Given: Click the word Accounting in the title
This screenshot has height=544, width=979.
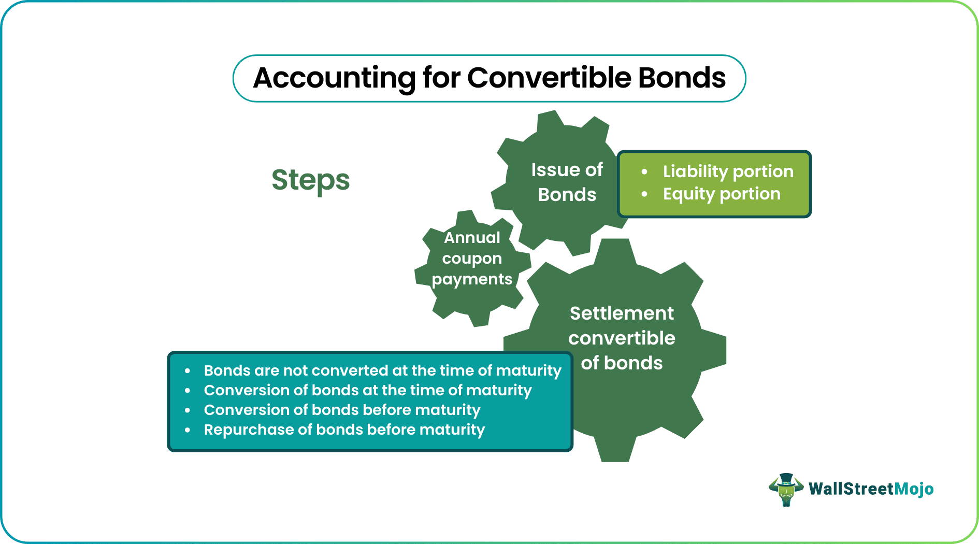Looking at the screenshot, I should pyautogui.click(x=334, y=79).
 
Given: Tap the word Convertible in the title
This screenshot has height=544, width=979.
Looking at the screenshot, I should pyautogui.click(x=549, y=79).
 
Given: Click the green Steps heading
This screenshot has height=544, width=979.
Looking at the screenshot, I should pyautogui.click(x=311, y=180).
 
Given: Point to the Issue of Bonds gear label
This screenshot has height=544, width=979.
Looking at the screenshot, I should pyautogui.click(x=567, y=182).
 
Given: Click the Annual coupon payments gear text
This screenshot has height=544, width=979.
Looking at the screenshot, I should pyautogui.click(x=472, y=259).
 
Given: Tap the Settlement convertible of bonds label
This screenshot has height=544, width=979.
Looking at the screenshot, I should pyautogui.click(x=622, y=338).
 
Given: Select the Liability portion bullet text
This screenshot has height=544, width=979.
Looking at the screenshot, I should pyautogui.click(x=728, y=171).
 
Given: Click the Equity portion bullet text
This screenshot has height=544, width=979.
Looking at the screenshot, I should pyautogui.click(x=721, y=194).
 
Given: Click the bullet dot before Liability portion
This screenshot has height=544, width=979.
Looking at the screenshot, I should pyautogui.click(x=644, y=171).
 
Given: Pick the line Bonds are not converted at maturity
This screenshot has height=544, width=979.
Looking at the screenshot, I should pyautogui.click(x=382, y=370).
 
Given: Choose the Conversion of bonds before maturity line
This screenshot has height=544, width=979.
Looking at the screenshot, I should pyautogui.click(x=342, y=410).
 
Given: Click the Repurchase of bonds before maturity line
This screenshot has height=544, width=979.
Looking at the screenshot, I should pyautogui.click(x=344, y=430).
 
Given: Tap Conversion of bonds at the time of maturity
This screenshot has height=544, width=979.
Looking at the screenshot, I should pyautogui.click(x=368, y=390).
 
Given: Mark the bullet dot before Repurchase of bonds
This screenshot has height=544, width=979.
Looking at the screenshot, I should pyautogui.click(x=188, y=430).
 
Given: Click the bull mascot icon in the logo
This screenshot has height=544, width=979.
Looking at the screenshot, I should pyautogui.click(x=786, y=489).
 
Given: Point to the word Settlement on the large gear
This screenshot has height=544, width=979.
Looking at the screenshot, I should pyautogui.click(x=622, y=313).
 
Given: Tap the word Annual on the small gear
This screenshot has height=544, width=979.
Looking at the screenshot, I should pyautogui.click(x=472, y=238).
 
